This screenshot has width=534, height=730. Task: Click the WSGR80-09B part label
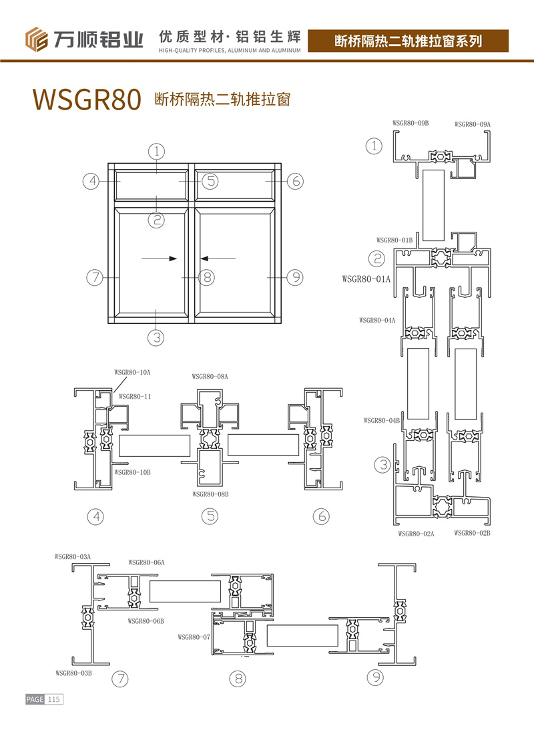click(x=411, y=123)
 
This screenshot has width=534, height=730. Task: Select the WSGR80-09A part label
click(x=472, y=124)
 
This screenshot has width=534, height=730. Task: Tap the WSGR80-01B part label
click(x=394, y=240)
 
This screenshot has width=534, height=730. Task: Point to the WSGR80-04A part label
click(x=376, y=321)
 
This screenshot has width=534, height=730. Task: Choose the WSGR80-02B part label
click(x=472, y=533)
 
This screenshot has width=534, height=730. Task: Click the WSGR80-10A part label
click(x=132, y=373)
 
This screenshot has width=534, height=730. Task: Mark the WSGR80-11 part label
click(x=135, y=397)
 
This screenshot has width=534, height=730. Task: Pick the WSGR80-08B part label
click(x=210, y=494)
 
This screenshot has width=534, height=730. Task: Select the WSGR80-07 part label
click(x=194, y=637)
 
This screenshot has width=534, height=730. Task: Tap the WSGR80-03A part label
click(x=73, y=557)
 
